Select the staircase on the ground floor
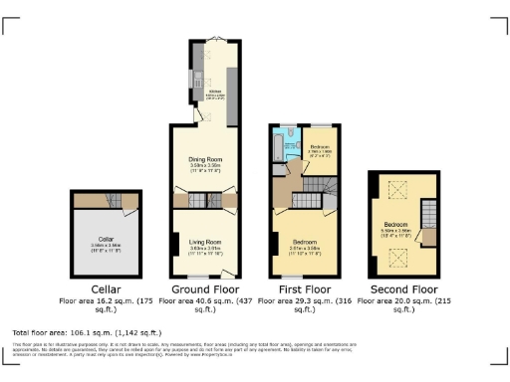(203, 200)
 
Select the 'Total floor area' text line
(85, 331)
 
